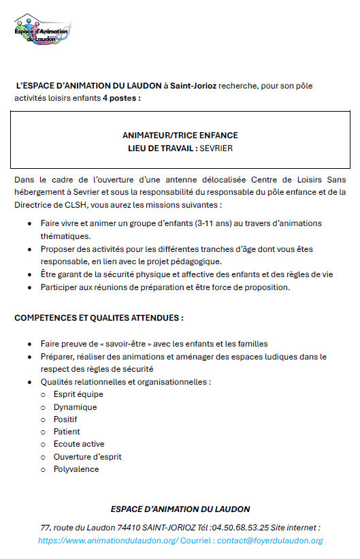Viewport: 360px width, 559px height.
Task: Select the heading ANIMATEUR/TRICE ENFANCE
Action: [180, 135]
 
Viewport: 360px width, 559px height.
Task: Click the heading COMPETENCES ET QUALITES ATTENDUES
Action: [99, 318]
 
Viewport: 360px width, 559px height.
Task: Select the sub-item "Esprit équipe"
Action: [78, 394]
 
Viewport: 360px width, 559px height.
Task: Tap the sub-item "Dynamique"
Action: [75, 407]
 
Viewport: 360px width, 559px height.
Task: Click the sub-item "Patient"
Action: [67, 432]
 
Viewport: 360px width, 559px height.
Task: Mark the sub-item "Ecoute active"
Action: [79, 444]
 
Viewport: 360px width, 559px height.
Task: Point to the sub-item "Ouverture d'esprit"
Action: [87, 456]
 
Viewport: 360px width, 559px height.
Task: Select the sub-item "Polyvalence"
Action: [76, 469]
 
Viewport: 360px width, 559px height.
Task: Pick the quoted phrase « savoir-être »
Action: [119, 344]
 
